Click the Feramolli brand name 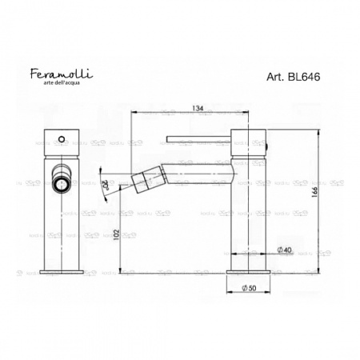[61, 74]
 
